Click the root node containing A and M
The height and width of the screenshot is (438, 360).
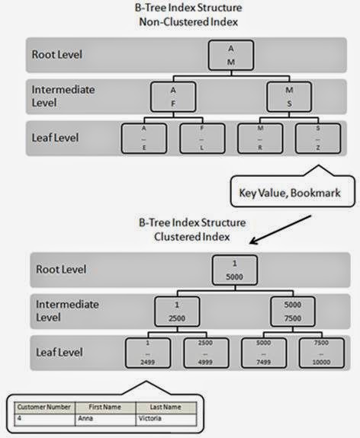230,54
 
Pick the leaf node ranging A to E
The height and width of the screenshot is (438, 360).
144,139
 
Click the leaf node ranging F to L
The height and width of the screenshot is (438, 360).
202,139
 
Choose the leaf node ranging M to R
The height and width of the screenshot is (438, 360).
259,139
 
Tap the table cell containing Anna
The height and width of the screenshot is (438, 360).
105,418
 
